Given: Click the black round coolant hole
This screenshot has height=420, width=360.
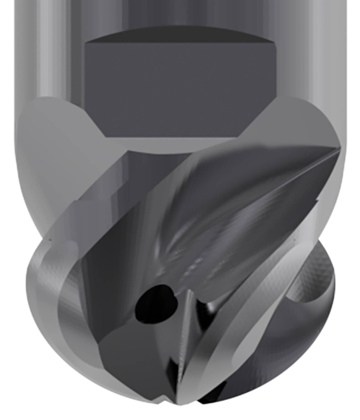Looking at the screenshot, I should point(154,304).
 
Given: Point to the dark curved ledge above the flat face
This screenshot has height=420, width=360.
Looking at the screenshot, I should point(179,34).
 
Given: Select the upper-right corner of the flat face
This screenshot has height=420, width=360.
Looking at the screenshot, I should point(273,42).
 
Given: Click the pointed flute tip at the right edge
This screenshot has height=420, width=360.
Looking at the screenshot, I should point(339,150).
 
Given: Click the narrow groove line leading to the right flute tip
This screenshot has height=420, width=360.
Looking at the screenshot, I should point(287,180).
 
